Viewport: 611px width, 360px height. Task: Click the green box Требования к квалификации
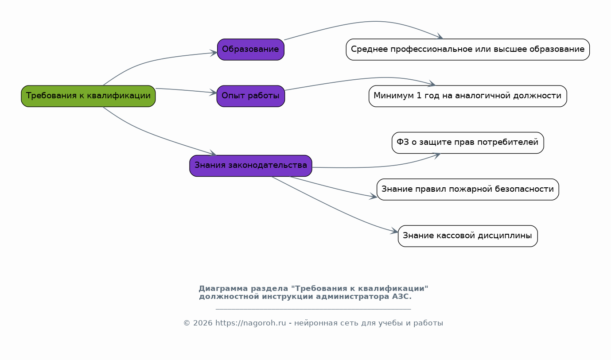point(88,96)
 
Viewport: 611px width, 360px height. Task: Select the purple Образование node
point(251,49)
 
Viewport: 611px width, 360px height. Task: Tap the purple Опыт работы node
point(251,96)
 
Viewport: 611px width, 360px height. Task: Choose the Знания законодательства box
point(251,166)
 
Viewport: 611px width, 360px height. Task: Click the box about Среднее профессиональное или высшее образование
point(468,49)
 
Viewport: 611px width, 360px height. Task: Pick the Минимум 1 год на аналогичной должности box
point(468,96)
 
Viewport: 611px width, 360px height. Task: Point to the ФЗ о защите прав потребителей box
point(468,143)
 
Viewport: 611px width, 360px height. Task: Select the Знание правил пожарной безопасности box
point(468,189)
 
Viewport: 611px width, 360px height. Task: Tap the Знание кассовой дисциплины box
point(468,236)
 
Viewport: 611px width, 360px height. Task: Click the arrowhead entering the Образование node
point(214,53)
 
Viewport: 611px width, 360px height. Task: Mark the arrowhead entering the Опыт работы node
point(213,93)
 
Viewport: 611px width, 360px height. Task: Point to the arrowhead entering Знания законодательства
point(213,153)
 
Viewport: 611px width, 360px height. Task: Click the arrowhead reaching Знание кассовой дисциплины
point(394,231)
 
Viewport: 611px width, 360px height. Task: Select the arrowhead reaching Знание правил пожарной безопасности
point(373,196)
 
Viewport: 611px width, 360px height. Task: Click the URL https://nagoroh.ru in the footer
point(251,323)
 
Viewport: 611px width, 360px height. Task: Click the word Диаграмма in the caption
point(223,288)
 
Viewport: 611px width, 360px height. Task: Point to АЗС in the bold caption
point(402,296)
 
